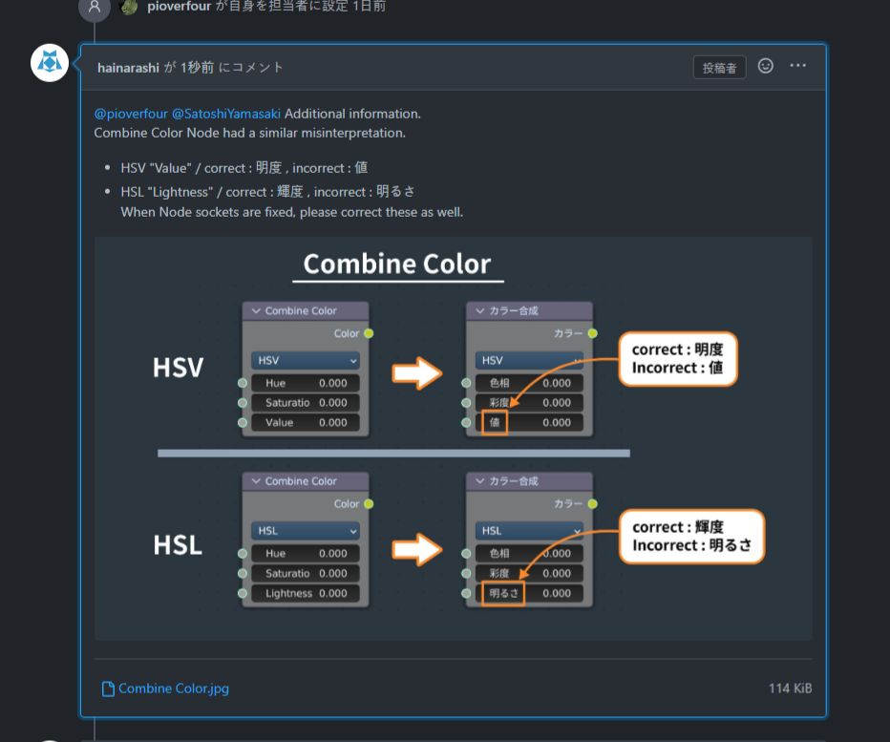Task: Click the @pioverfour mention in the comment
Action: (x=131, y=114)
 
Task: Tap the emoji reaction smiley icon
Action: (x=766, y=66)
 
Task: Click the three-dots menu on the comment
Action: (x=798, y=66)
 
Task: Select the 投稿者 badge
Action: (x=719, y=68)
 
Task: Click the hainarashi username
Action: (x=128, y=68)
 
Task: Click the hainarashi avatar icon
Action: (x=50, y=63)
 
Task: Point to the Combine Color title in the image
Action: (x=397, y=264)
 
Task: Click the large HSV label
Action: (x=179, y=368)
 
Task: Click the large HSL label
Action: (x=178, y=545)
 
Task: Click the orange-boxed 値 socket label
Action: (x=495, y=422)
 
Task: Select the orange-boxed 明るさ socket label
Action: (x=503, y=593)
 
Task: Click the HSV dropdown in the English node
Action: (x=306, y=360)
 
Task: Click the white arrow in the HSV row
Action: (x=417, y=372)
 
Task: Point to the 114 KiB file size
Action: (x=790, y=688)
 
